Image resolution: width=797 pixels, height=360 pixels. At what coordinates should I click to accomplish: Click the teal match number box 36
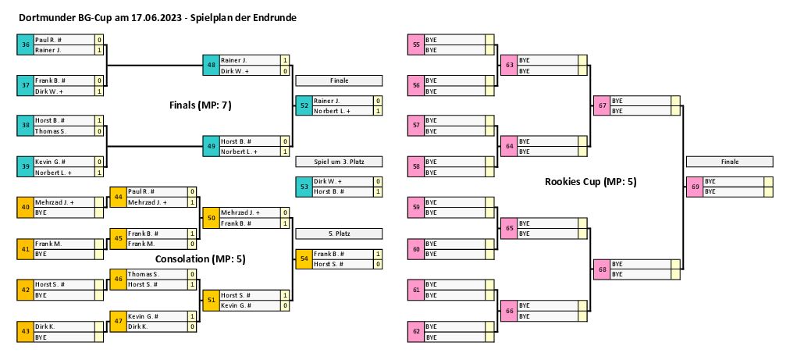point(26,45)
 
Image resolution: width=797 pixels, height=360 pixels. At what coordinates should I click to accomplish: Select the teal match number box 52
point(304,105)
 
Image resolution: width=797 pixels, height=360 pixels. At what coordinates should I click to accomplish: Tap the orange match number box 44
point(118,197)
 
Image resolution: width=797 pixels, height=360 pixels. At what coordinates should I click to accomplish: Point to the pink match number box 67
point(601,105)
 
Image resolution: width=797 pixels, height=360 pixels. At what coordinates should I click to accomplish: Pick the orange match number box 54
point(304,259)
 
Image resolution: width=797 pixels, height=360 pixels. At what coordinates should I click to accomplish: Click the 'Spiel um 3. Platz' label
point(338,162)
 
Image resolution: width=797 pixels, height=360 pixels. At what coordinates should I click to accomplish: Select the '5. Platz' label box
point(338,233)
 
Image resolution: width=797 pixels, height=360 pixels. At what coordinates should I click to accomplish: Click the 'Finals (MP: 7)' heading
point(201,104)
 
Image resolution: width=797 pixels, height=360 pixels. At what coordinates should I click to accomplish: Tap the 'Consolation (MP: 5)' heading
point(201,258)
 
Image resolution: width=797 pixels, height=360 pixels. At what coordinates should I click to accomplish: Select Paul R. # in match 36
point(63,39)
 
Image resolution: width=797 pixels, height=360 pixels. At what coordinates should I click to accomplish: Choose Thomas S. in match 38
point(63,131)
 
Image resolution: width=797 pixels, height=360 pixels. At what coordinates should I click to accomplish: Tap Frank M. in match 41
point(63,244)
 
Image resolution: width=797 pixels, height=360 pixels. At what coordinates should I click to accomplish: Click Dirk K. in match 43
point(63,326)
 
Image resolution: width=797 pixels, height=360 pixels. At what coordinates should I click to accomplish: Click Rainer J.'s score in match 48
point(285,59)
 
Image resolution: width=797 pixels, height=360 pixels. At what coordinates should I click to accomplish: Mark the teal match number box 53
point(304,186)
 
